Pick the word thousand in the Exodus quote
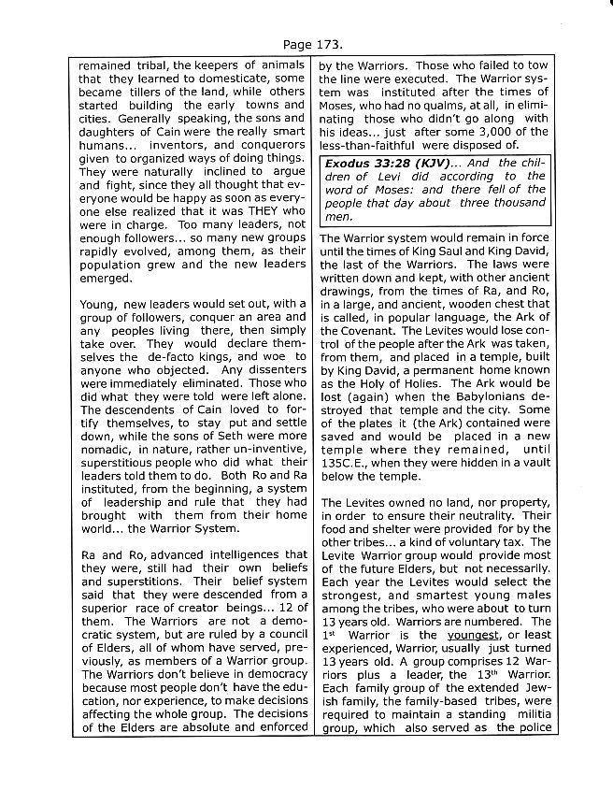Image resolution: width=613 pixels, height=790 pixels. (518, 202)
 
